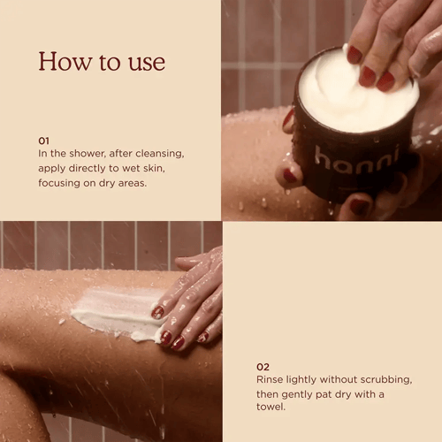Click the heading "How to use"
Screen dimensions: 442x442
pos(102,62)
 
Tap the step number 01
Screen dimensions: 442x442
pos(43,140)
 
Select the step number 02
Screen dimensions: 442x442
pos(263,366)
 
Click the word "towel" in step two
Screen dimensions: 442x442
pos(271,409)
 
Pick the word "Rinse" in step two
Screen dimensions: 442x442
pos(271,380)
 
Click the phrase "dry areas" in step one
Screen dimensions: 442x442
pos(127,183)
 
